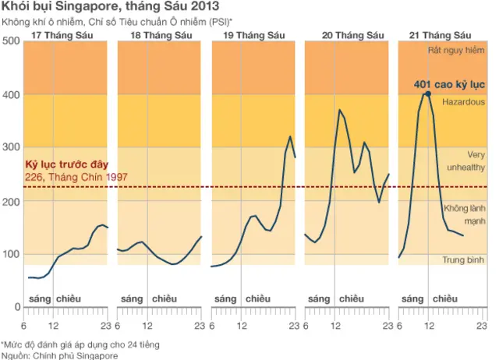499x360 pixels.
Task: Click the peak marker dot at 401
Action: pyautogui.click(x=427, y=94)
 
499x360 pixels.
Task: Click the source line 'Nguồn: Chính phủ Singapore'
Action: pyautogui.click(x=60, y=355)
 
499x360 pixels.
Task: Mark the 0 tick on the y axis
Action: pyautogui.click(x=16, y=307)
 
